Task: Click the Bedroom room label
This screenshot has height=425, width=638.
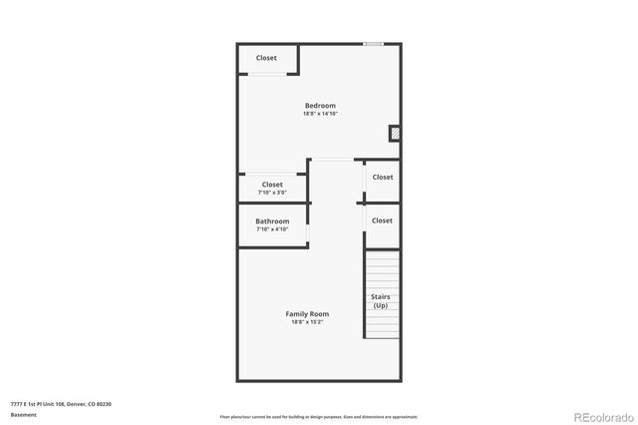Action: pos(320,105)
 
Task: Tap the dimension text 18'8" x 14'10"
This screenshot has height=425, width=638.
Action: pos(320,114)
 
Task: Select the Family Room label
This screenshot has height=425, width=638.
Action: pos(307,313)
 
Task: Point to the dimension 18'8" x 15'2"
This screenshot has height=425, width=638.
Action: pos(307,322)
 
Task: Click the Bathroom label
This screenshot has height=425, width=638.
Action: pos(272,220)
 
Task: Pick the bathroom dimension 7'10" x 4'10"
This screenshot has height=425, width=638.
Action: pos(272,229)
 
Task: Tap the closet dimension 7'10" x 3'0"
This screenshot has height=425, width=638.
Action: pos(272,193)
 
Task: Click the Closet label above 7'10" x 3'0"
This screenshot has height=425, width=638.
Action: pos(272,184)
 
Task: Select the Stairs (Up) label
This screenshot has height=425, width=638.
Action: pos(381,301)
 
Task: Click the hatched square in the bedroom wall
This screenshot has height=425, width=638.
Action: pos(394,133)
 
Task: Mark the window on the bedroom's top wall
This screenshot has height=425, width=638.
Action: pos(373,44)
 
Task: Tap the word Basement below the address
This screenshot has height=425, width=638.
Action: pos(24,415)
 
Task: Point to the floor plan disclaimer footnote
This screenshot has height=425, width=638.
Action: pos(318,416)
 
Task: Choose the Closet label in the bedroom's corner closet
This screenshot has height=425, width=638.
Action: pos(266,58)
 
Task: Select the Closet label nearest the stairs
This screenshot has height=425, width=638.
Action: pos(382,219)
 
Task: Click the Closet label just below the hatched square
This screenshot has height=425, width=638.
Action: pos(382,177)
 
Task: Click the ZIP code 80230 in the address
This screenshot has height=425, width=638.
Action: pos(104,404)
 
